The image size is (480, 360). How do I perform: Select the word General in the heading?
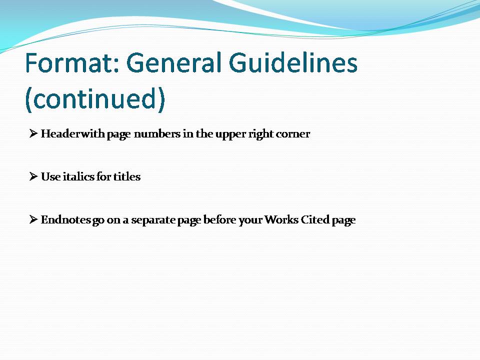tap(173, 62)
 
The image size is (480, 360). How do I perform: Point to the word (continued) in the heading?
tap(95, 98)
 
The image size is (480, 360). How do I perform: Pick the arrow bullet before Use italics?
tap(33, 176)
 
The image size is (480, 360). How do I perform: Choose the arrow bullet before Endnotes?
tap(33, 219)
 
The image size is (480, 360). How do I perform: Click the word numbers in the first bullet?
tap(157, 134)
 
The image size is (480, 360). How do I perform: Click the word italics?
tap(78, 176)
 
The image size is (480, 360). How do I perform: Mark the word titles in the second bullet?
tap(127, 176)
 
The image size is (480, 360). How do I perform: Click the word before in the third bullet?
tap(219, 219)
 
